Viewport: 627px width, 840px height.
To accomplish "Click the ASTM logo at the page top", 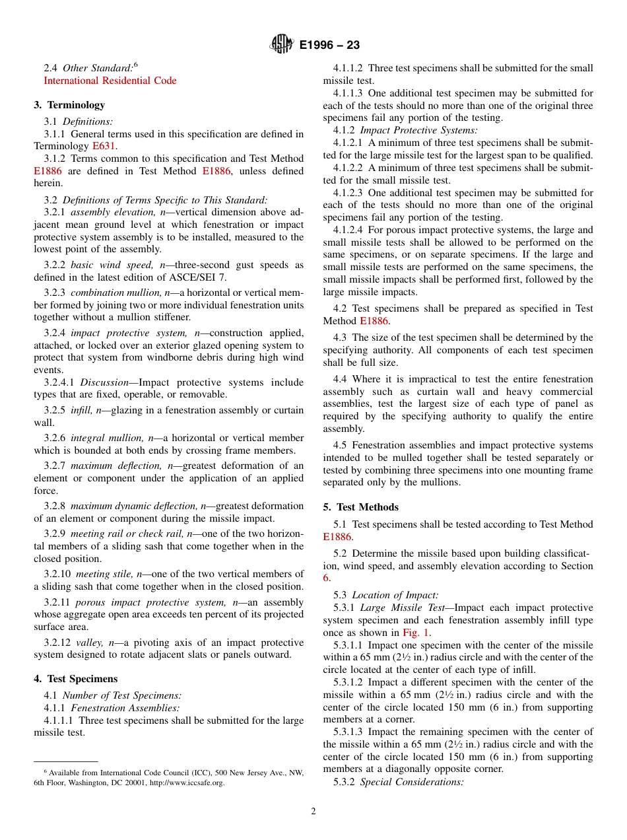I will click(x=282, y=44).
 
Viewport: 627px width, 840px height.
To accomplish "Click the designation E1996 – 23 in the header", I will click(x=329, y=45).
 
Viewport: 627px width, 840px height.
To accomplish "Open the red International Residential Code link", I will click(x=110, y=81).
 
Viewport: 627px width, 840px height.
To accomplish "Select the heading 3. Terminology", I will click(x=69, y=105).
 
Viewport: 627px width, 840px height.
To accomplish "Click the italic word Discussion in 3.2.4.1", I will click(x=104, y=382).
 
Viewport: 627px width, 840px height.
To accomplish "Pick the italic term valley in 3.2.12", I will click(x=86, y=643).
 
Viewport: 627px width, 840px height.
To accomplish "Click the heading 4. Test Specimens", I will click(x=76, y=679).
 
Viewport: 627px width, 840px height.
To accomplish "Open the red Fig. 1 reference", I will click(x=416, y=633).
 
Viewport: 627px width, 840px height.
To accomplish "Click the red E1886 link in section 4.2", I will click(x=374, y=321).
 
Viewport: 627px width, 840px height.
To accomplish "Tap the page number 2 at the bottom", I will click(x=313, y=812).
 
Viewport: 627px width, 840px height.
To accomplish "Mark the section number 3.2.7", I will click(x=55, y=466).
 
